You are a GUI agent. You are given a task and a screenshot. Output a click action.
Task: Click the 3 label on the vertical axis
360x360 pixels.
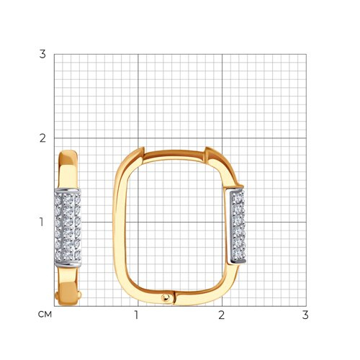(x=42, y=54)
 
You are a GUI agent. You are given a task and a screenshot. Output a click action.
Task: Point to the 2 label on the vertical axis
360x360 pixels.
(x=42, y=138)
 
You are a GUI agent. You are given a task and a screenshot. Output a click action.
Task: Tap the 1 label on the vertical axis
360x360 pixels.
(x=42, y=222)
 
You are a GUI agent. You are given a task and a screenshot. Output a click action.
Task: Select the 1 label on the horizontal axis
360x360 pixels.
(x=136, y=315)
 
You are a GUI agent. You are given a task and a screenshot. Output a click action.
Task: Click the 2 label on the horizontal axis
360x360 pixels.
(x=222, y=315)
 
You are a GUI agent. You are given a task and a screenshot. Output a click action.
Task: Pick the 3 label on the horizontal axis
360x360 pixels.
(x=305, y=315)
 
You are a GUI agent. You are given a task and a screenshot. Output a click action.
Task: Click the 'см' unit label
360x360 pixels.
(x=45, y=315)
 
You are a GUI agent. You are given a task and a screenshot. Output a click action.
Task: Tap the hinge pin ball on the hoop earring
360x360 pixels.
(x=166, y=297)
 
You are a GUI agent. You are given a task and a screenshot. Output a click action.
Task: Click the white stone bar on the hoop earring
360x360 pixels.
(x=237, y=226)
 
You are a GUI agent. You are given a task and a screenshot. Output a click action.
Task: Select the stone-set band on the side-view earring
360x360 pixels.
(x=68, y=228)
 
